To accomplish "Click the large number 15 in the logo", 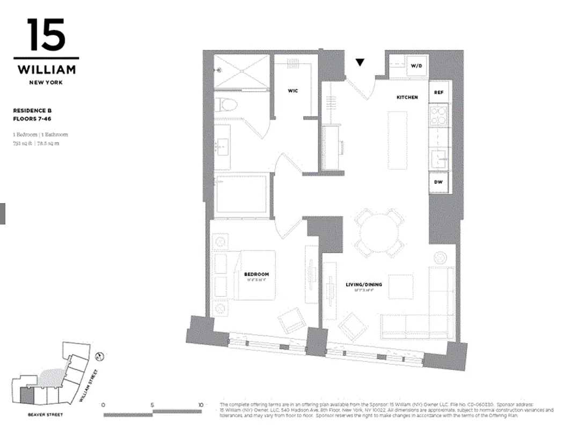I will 46,35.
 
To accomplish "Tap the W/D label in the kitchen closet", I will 416,66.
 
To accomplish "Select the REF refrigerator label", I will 438,93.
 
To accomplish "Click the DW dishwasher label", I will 438,182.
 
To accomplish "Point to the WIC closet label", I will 293,91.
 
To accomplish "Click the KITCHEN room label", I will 407,97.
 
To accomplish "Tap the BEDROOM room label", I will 256,275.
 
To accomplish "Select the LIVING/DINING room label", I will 363,284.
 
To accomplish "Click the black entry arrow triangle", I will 360,63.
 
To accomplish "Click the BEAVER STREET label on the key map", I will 46,415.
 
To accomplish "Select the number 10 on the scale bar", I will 200,405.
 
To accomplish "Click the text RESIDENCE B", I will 32,110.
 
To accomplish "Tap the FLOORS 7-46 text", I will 32,119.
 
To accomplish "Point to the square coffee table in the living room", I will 400,286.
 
